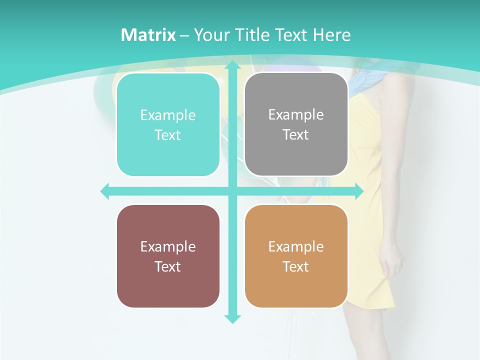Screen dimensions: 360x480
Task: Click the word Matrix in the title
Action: [x=148, y=35]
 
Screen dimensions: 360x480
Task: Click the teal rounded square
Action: [x=168, y=125]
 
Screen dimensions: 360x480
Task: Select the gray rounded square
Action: [x=296, y=124]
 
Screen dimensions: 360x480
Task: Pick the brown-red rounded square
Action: [x=168, y=256]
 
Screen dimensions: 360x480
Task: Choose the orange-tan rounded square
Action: [x=296, y=256]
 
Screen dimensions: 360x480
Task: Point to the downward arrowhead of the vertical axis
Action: [x=232, y=318]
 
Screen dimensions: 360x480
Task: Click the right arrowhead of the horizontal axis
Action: [x=358, y=191]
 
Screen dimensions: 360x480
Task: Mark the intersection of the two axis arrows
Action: [x=232, y=191]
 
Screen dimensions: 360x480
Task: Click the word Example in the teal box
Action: [x=168, y=115]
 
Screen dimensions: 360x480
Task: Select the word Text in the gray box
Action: [x=296, y=135]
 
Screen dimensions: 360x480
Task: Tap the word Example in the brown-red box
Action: [x=168, y=246]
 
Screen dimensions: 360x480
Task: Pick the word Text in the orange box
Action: [x=296, y=266]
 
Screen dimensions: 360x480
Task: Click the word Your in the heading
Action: [x=209, y=35]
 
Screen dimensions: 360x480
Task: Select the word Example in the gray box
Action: [x=296, y=115]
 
